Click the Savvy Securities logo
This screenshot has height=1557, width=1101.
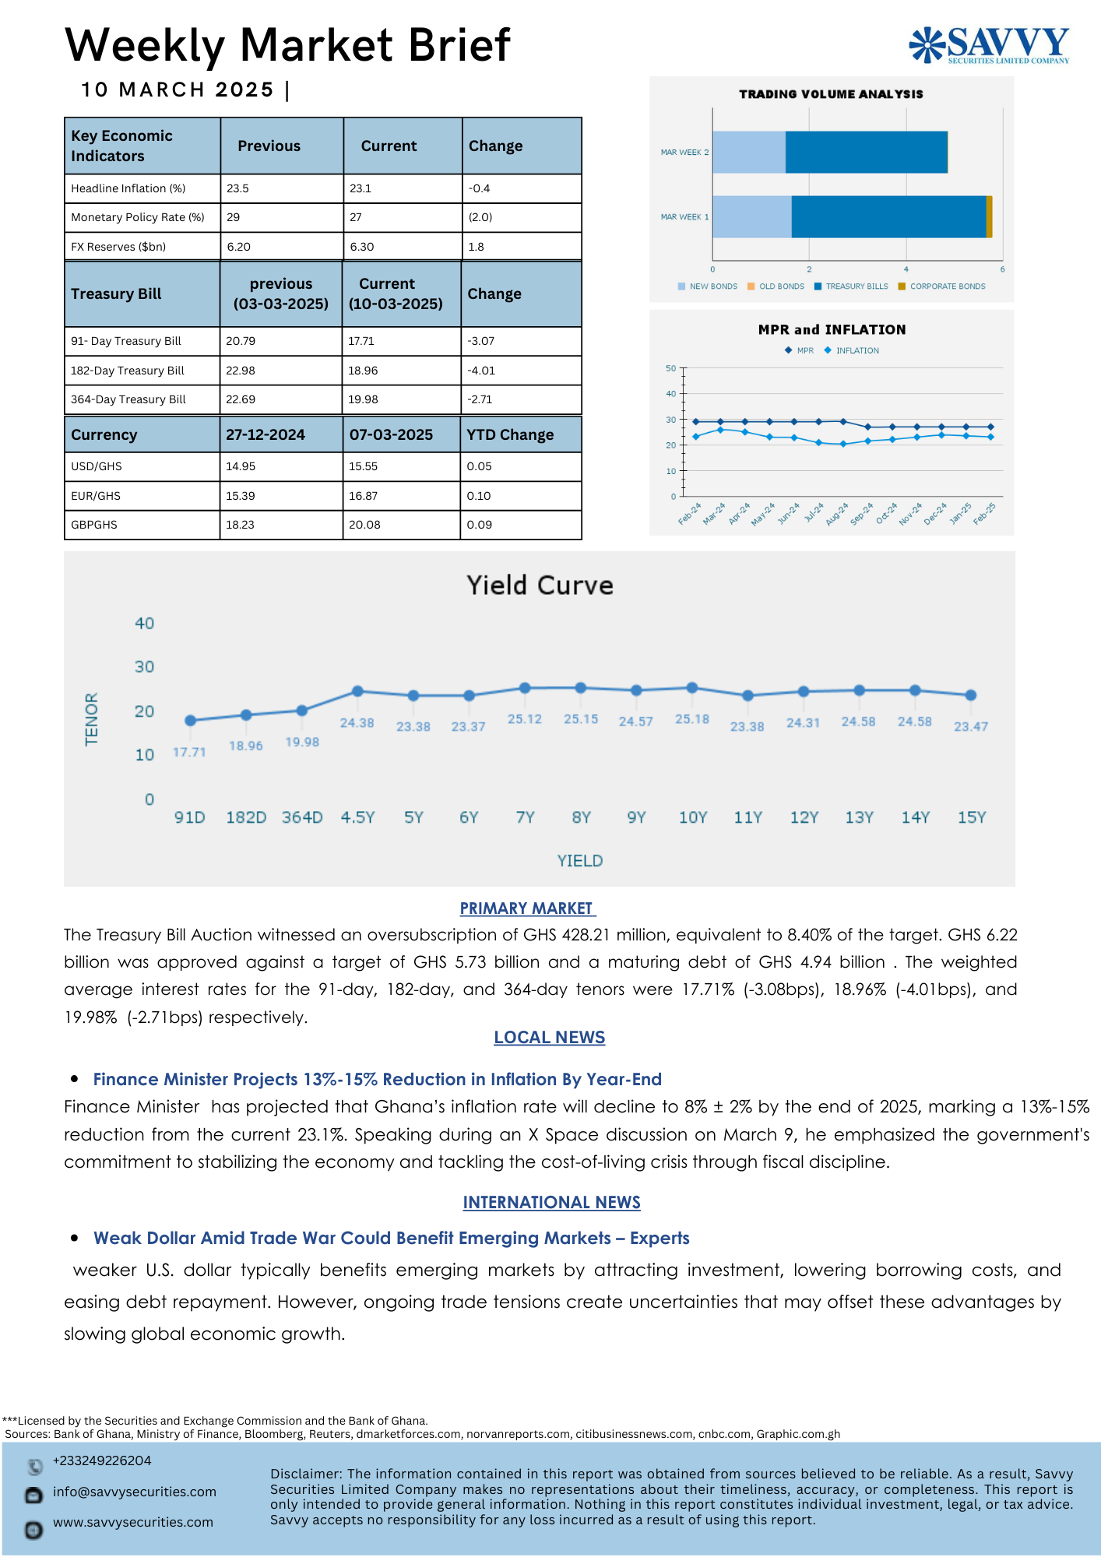tap(989, 44)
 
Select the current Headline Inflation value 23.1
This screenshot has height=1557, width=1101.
tap(361, 188)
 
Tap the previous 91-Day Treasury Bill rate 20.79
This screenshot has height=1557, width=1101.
tap(241, 341)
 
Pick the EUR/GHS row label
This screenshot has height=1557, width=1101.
tap(96, 496)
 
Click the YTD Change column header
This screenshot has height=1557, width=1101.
tap(510, 435)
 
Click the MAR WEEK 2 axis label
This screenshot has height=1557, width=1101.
tap(684, 153)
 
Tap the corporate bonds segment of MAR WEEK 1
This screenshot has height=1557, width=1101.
tap(989, 216)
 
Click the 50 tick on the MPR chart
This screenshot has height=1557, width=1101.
tap(670, 368)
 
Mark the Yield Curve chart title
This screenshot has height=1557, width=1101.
tap(540, 585)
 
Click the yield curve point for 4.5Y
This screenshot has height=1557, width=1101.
tap(357, 691)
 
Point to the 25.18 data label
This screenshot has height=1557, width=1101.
tap(692, 719)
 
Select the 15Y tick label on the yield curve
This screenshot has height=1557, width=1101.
tap(971, 817)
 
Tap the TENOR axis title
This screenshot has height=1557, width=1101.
tap(92, 719)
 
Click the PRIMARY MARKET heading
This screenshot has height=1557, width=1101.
tap(527, 909)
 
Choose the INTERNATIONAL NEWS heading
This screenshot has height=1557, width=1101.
tap(551, 1203)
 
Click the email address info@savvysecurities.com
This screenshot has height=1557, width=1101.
tap(135, 1492)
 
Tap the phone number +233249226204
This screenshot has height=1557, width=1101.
tap(102, 1460)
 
